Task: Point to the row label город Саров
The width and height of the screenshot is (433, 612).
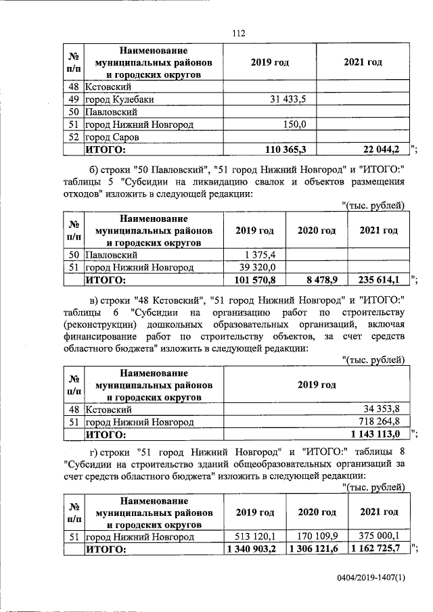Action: click(x=112, y=137)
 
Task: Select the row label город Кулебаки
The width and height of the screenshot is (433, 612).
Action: click(x=118, y=99)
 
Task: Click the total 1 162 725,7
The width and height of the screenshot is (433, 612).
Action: click(x=376, y=550)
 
